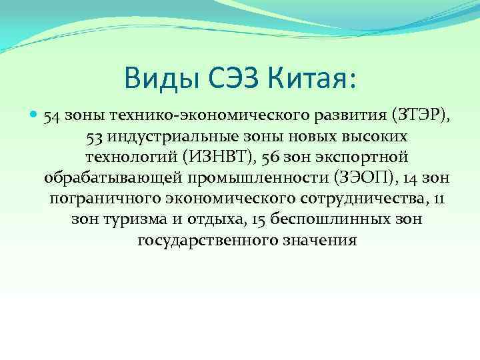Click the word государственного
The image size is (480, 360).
click(198, 240)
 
